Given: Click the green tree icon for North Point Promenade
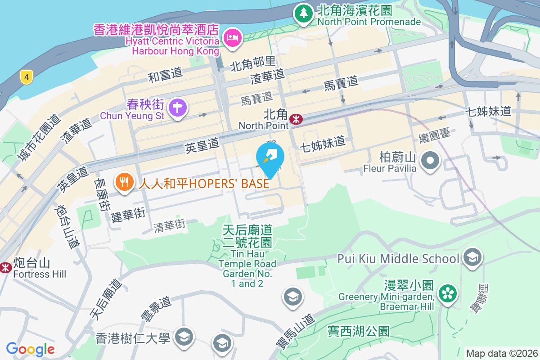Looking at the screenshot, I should pos(304,13).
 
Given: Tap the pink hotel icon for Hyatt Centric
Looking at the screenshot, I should pos(233,37).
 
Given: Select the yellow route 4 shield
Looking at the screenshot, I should pos(27,77).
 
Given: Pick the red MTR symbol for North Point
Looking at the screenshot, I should pos(296,119).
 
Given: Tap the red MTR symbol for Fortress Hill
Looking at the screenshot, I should pos(5,268).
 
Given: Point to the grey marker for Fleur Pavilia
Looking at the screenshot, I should pos(430,160).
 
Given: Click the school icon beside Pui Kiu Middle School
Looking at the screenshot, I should pos(472,257).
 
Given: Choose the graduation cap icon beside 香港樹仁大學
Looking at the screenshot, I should pos(183,336).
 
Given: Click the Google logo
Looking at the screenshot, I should pos(31,349).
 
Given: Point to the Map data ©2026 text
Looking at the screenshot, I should pos(502,353).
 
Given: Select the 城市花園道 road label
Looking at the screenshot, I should pos(38,137).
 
